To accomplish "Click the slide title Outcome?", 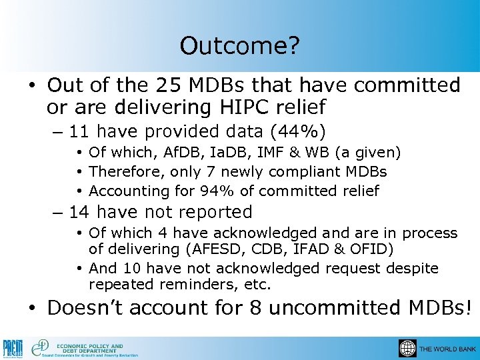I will pos(240,46).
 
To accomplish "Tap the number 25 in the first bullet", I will pos(167,86).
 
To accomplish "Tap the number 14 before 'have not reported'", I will pos(80,213).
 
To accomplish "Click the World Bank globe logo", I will pos(407,348).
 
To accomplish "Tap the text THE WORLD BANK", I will pos(447,349).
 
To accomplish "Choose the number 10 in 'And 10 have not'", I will pos(128,268).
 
